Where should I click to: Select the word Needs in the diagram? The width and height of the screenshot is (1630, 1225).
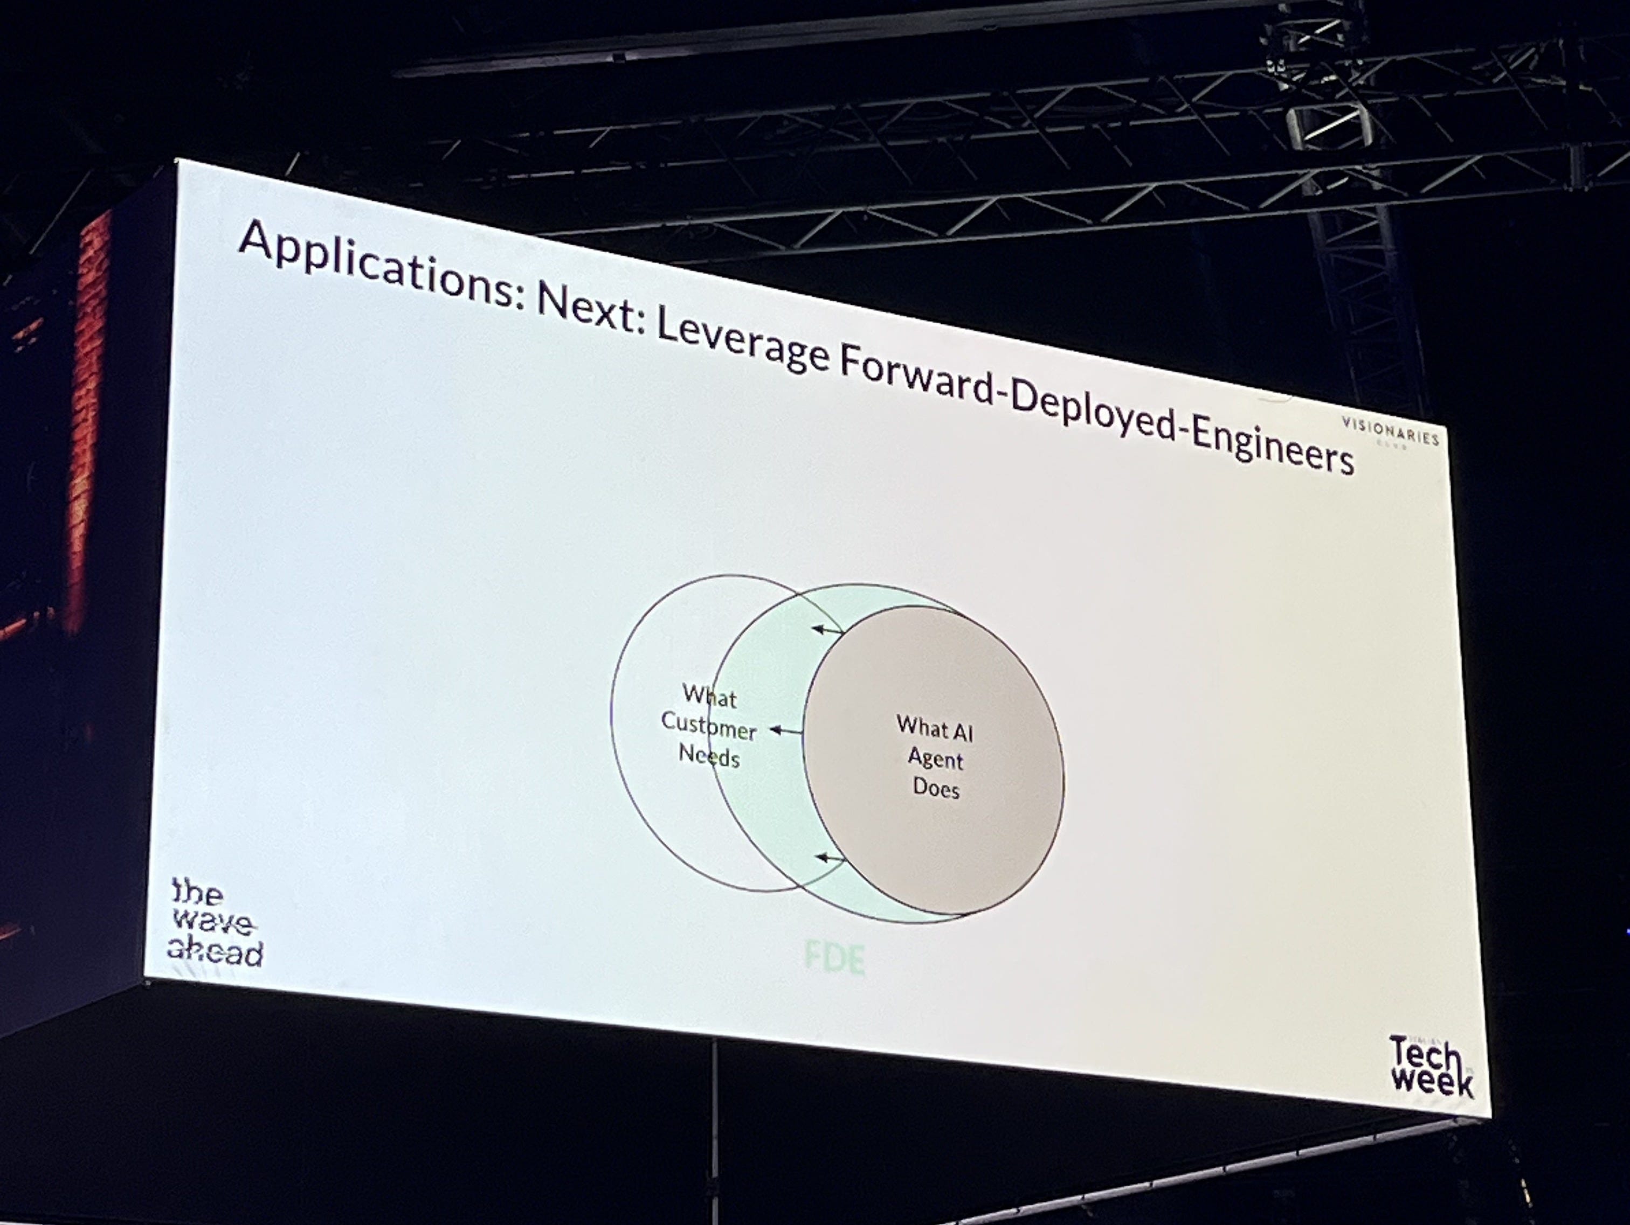point(709,756)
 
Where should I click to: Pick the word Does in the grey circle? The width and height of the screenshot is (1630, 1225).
point(936,788)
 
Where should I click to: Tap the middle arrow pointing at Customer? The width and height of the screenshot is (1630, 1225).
point(785,730)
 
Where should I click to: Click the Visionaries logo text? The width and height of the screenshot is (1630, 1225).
point(1390,431)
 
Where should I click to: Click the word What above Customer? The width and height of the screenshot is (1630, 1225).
point(709,695)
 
